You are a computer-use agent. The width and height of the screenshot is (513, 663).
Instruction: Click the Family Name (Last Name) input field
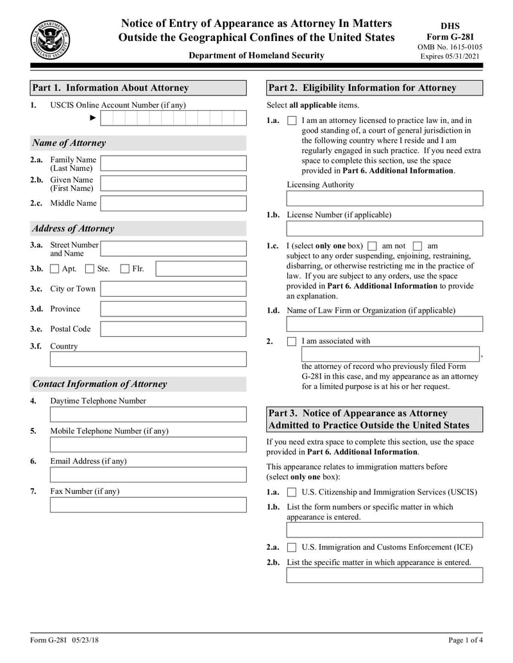[173, 163]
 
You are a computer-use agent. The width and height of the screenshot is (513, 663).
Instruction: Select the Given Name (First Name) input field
[173, 184]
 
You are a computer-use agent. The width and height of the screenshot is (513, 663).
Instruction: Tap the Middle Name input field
[173, 204]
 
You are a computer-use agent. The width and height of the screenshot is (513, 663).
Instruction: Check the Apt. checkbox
[55, 269]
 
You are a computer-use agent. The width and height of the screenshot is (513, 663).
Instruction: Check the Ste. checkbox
[90, 269]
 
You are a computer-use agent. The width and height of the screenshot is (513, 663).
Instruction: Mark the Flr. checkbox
[125, 269]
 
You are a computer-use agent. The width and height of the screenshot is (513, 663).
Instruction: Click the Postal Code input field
[173, 329]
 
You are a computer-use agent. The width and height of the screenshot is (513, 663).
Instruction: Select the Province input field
[173, 309]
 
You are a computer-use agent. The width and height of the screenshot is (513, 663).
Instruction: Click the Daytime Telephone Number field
[147, 414]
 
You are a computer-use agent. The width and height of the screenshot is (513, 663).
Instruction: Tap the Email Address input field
[147, 475]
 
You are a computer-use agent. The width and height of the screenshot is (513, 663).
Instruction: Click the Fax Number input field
[147, 505]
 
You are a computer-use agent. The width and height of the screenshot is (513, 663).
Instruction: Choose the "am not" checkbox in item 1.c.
[373, 246]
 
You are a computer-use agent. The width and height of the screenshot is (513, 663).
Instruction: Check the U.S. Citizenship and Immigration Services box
[292, 493]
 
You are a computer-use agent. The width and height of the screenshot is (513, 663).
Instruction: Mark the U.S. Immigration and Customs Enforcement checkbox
[292, 548]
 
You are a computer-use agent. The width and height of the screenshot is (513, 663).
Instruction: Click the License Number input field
[384, 229]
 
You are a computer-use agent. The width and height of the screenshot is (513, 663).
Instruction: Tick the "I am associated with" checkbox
[292, 341]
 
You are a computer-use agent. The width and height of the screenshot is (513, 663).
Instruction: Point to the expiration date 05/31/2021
[466, 56]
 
